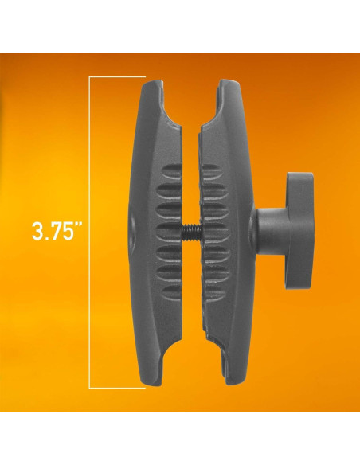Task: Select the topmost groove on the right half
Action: click(210, 171)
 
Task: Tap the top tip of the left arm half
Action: click(156, 81)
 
